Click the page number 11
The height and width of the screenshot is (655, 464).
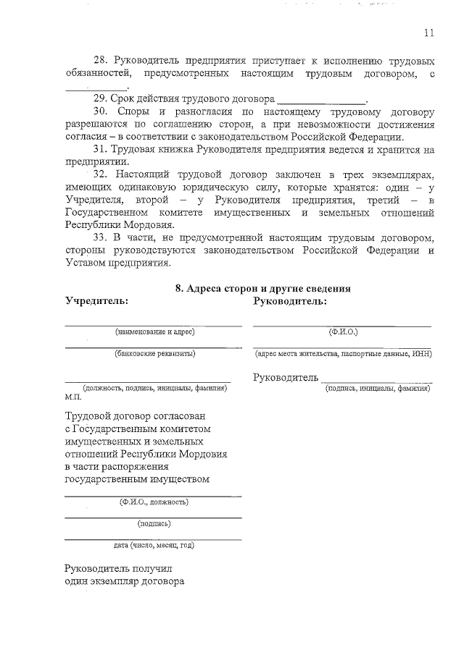point(428,32)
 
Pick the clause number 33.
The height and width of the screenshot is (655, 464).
point(101,237)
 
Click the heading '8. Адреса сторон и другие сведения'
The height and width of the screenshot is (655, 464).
point(264,288)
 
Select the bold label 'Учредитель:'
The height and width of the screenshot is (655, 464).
point(96,300)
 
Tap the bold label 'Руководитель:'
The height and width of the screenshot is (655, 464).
point(290,300)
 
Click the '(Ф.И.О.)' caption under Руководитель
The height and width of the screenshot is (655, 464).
point(342,332)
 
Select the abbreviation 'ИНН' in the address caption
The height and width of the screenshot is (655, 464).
point(425,354)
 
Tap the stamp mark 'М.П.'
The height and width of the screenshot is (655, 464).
point(72,397)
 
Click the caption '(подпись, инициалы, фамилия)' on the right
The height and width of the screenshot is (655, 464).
point(378,389)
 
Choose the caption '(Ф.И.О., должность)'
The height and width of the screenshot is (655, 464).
point(154,502)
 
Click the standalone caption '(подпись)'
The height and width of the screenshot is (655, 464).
point(154,523)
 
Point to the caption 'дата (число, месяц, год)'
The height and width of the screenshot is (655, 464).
point(154,545)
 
